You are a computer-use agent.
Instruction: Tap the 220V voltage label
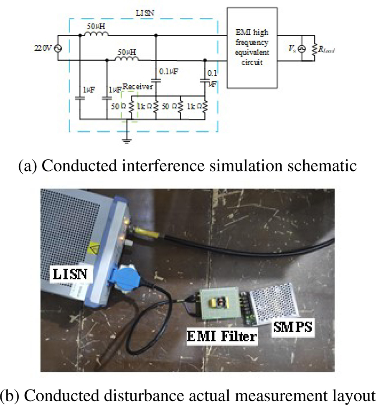(x=42, y=48)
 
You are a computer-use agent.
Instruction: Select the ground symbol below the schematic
(x=127, y=141)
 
